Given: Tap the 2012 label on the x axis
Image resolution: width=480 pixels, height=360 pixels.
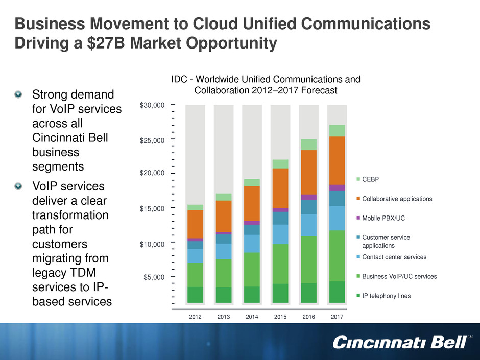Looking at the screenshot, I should click(x=195, y=317).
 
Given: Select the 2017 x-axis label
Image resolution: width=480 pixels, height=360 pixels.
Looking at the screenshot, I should click(x=337, y=317).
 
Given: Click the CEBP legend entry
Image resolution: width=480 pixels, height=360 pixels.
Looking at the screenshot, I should click(x=371, y=179).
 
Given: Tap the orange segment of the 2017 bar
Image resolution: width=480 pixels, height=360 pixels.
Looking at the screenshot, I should click(x=337, y=160).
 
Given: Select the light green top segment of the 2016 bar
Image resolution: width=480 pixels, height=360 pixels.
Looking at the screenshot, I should click(x=308, y=145).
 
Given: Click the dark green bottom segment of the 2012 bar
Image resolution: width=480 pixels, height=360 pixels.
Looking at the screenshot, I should click(x=195, y=295).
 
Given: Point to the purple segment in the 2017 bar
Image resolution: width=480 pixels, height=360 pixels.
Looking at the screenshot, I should click(x=337, y=188).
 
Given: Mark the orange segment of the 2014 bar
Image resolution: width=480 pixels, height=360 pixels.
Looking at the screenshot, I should click(x=252, y=203).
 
